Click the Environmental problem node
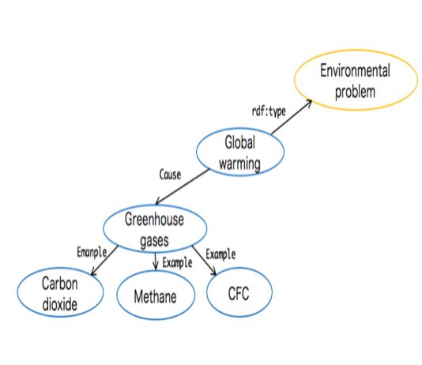tap(356, 80)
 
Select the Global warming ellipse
tap(240, 152)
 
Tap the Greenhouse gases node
tap(155, 229)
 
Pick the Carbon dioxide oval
tap(60, 292)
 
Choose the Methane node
tap(156, 295)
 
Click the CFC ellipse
tap(239, 292)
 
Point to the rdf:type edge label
tap(269, 111)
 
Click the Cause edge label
tap(170, 175)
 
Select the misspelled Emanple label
tap(92, 253)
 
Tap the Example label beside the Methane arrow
tap(177, 263)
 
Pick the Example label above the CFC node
tap(220, 254)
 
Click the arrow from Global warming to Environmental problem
tap(292, 117)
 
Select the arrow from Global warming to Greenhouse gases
tap(183, 186)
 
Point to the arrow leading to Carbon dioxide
tap(104, 261)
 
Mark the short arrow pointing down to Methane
tap(155, 262)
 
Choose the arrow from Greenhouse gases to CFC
tap(204, 261)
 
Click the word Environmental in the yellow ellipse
tap(355, 71)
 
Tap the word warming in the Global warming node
tap(239, 164)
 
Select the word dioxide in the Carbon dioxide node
tap(60, 304)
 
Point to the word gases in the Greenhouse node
tap(154, 241)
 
